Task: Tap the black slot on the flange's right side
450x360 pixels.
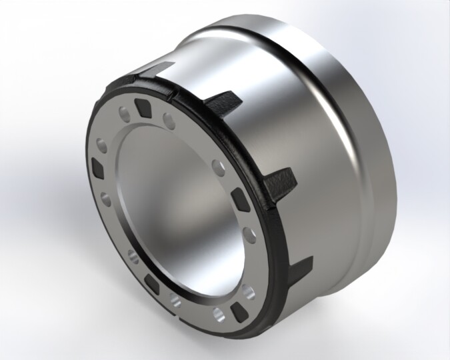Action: coord(239,199)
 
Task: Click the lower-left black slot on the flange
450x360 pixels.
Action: coord(153,286)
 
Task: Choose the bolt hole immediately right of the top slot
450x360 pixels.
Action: coord(169,121)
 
